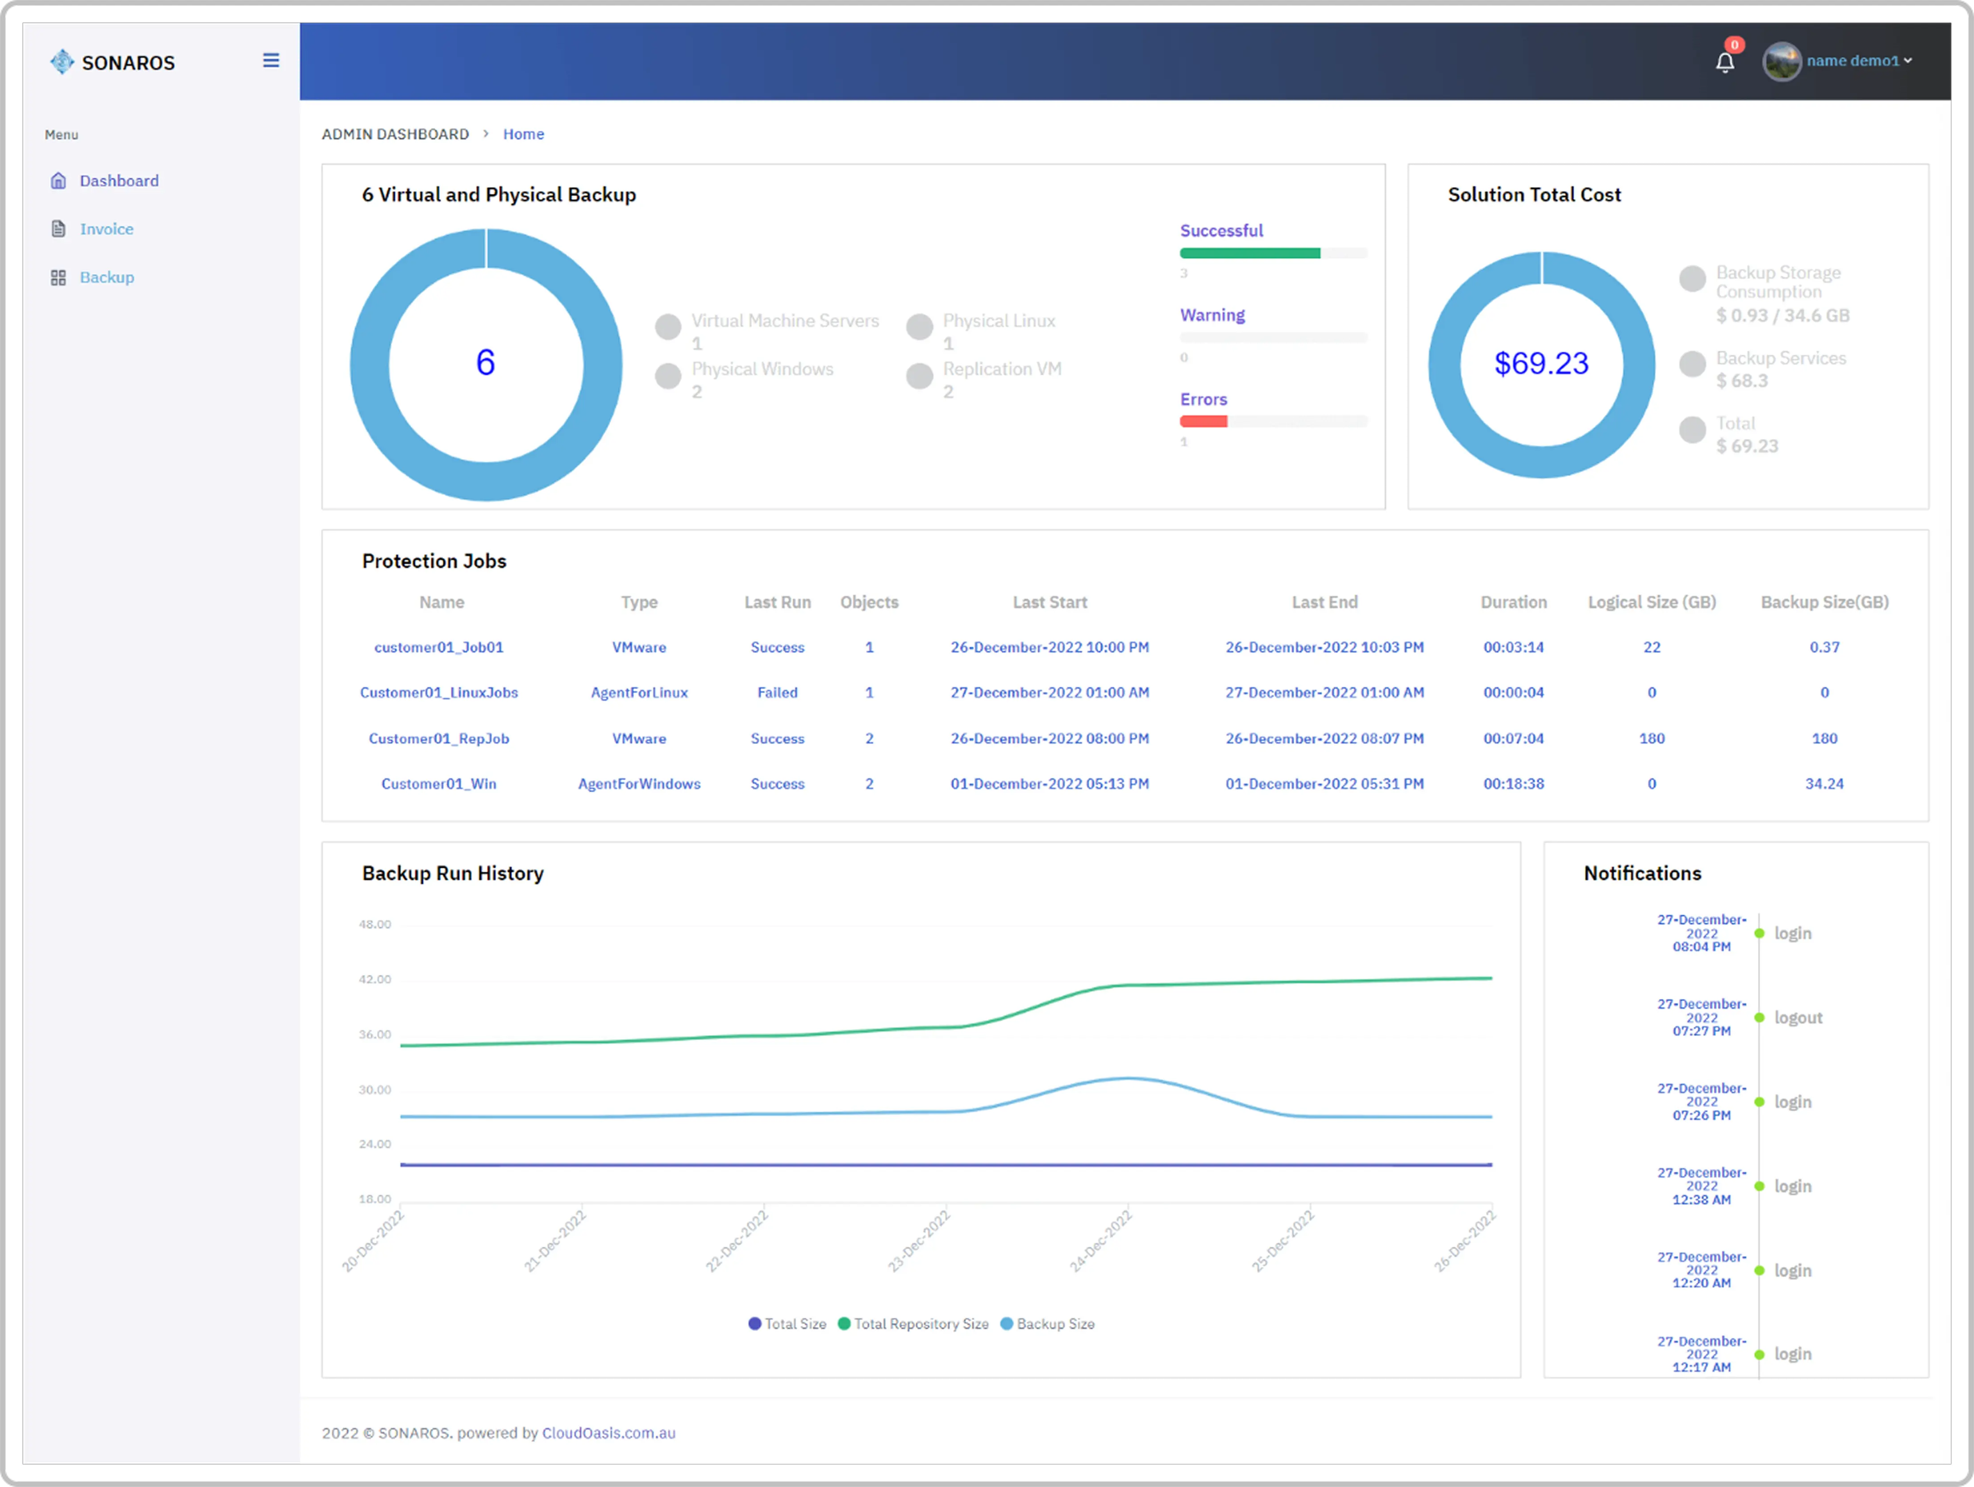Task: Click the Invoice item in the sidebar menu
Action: point(106,230)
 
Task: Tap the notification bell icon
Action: point(1724,63)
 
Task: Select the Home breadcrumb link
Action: point(523,134)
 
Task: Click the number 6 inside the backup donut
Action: point(486,363)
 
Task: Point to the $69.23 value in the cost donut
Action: point(1541,363)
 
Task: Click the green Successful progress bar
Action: point(1249,254)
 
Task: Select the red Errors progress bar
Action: point(1203,421)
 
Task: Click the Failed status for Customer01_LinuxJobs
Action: point(777,693)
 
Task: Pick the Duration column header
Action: point(1513,602)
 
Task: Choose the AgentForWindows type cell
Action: point(639,784)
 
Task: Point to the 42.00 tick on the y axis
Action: point(375,979)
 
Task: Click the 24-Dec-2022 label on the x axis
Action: point(1101,1241)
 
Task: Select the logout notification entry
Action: point(1797,1018)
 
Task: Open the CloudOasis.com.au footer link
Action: point(608,1433)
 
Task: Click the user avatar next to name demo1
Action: point(1781,62)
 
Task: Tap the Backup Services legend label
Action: point(1780,358)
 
